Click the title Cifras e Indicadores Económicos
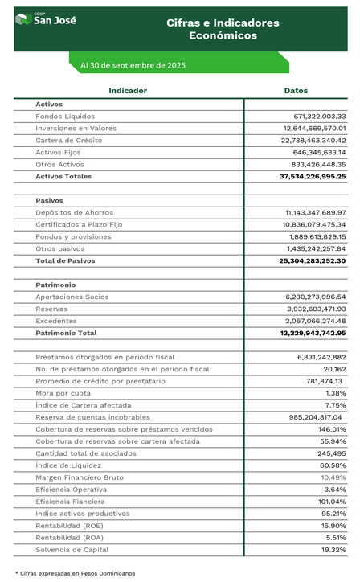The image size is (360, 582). (223, 29)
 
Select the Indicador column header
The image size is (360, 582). (128, 91)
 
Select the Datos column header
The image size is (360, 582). (296, 91)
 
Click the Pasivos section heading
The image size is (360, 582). (49, 200)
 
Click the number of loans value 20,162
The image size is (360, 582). (333, 369)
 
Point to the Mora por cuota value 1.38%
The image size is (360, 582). (335, 393)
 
